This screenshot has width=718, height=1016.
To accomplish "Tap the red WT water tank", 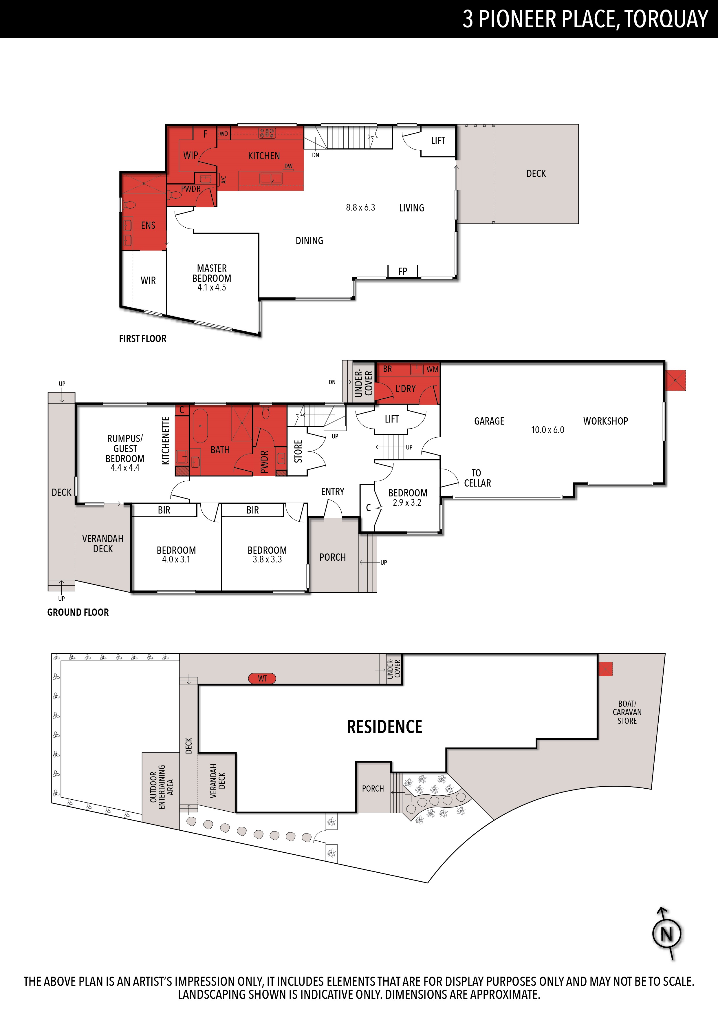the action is click(262, 678).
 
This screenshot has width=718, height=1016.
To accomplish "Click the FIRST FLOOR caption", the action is click(142, 339).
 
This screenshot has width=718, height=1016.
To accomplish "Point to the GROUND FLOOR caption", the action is click(78, 613).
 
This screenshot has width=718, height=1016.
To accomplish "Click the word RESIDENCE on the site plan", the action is click(384, 727).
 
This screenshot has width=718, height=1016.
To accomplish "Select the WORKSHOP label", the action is click(605, 421).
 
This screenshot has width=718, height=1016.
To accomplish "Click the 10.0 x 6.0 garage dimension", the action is click(548, 430).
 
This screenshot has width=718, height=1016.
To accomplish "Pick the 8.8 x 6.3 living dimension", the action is click(360, 208).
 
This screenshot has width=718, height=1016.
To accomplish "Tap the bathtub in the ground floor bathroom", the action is click(200, 426).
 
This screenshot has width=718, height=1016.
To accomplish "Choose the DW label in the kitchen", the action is click(288, 166).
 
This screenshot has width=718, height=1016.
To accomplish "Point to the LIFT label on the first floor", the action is click(438, 141).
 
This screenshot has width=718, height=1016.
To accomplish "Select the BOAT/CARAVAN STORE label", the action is click(627, 712).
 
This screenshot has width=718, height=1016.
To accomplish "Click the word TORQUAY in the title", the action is click(667, 19).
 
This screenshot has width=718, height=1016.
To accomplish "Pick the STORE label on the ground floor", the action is click(298, 451).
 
